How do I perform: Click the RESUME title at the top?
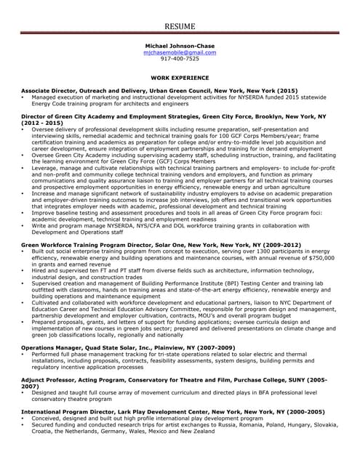(180, 26)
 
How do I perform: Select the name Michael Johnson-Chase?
(180, 45)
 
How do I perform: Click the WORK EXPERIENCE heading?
(180, 77)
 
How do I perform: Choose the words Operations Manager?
(50, 348)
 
